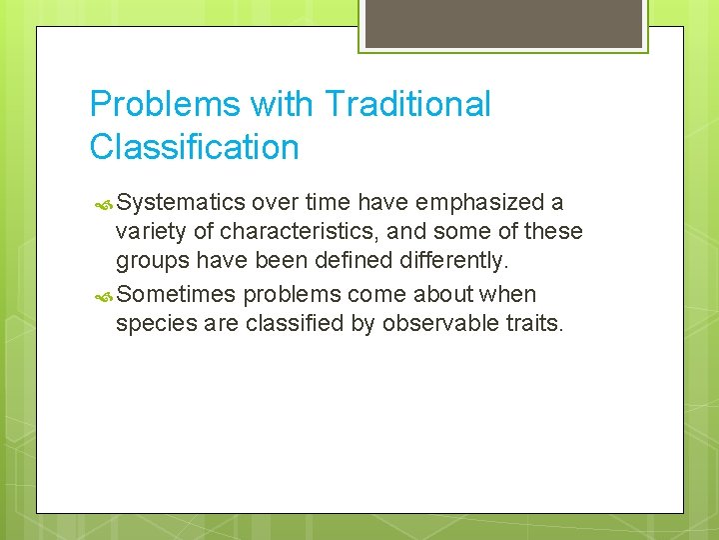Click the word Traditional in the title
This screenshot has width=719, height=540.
(x=407, y=104)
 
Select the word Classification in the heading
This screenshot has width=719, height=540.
(x=194, y=147)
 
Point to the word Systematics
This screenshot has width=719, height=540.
(x=181, y=203)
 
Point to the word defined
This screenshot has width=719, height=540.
(x=354, y=261)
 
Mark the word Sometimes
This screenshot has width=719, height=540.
(x=177, y=295)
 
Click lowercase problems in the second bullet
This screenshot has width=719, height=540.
(x=290, y=295)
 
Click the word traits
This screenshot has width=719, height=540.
(x=535, y=324)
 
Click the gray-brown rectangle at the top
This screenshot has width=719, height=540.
(x=502, y=23)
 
